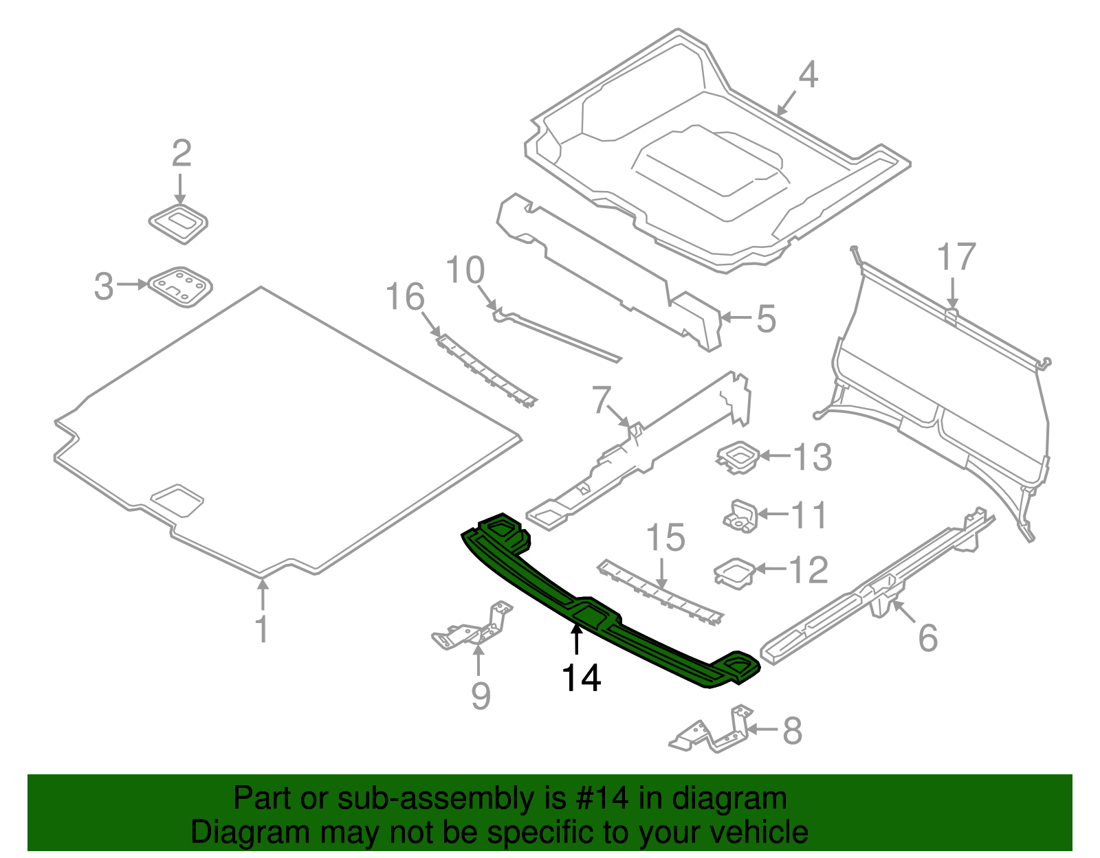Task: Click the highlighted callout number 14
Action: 582,677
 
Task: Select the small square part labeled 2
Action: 179,223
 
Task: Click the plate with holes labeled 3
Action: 180,286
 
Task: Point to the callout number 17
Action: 956,257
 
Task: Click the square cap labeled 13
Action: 737,457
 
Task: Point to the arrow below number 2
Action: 180,188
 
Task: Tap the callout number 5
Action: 766,319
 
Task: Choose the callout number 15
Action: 665,537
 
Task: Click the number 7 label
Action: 602,400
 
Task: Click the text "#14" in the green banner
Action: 599,799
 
